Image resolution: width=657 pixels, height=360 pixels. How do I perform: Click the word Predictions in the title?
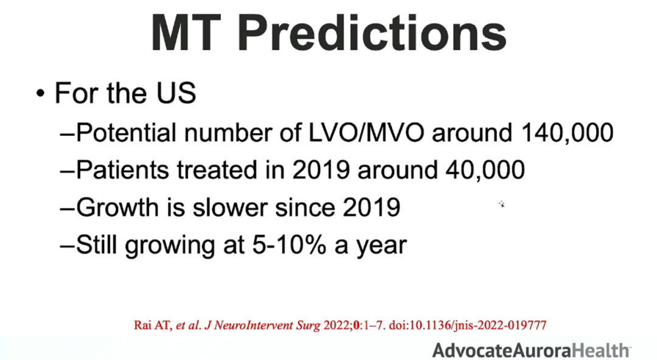coord(372,33)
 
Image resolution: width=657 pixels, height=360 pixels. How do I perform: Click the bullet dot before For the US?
coord(40,93)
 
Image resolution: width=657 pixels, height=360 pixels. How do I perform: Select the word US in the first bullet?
coord(176,92)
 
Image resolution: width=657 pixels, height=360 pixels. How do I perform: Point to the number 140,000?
coord(568,133)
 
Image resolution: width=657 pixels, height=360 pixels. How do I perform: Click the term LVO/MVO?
coord(366,133)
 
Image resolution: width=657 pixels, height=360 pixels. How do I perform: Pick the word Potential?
coord(126,133)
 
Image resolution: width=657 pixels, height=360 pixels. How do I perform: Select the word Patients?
coord(123,170)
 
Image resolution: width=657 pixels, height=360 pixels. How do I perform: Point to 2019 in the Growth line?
coord(371,207)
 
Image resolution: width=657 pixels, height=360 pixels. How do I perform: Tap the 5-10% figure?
coord(289,244)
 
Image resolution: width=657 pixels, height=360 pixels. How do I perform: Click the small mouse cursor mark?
coord(501,204)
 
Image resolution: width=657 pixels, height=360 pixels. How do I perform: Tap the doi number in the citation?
coord(467,325)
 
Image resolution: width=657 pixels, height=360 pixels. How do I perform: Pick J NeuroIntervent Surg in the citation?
coord(262,325)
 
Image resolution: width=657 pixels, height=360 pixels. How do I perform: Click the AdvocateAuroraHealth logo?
coord(531,350)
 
